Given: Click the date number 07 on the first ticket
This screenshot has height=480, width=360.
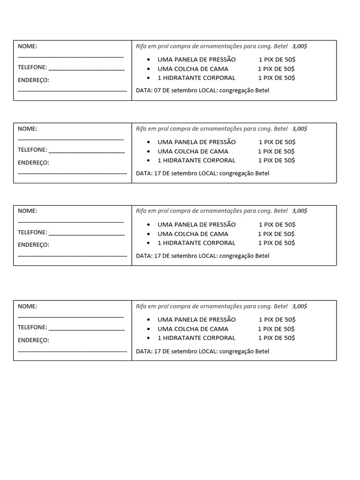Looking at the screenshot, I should pyautogui.click(x=158, y=90).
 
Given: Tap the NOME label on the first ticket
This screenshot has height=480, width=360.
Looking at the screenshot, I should pyautogui.click(x=27, y=46).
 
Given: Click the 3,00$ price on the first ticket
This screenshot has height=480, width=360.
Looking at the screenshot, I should pyautogui.click(x=300, y=46).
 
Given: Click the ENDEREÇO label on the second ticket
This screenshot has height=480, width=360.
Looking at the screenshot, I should pyautogui.click(x=33, y=163).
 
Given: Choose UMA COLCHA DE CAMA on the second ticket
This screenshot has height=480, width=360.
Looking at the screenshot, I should pyautogui.click(x=193, y=151).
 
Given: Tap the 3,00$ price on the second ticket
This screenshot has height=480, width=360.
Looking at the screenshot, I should pyautogui.click(x=300, y=128).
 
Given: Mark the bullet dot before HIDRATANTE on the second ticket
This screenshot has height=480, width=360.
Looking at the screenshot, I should pyautogui.click(x=149, y=160).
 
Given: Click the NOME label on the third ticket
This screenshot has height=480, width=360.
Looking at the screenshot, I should pyautogui.click(x=27, y=211).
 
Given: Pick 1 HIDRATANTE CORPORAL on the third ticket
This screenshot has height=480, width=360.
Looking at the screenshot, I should pyautogui.click(x=196, y=243).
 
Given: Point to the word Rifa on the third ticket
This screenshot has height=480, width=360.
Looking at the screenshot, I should pyautogui.click(x=142, y=211).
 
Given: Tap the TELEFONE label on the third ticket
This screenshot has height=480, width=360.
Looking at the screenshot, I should pyautogui.click(x=32, y=232).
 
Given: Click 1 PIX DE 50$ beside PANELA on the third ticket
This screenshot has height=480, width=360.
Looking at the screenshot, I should pyautogui.click(x=277, y=225).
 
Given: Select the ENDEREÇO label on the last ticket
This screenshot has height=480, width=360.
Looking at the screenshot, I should pyautogui.click(x=33, y=340).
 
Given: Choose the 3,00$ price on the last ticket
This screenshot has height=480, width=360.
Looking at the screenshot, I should pyautogui.click(x=300, y=306).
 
